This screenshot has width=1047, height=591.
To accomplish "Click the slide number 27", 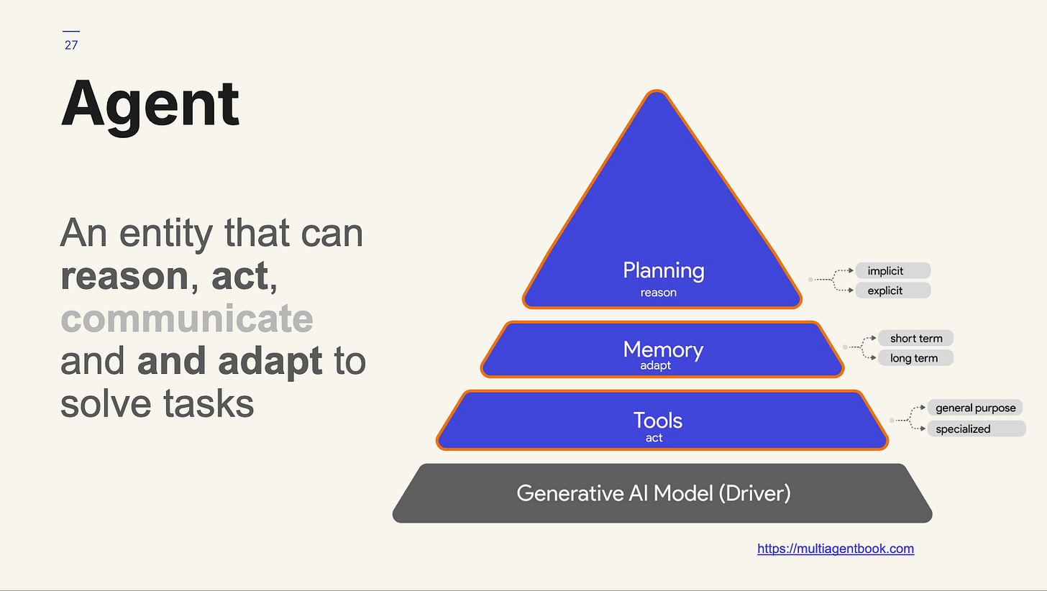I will pyautogui.click(x=70, y=45).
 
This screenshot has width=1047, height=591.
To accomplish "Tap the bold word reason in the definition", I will pyautogui.click(x=124, y=277).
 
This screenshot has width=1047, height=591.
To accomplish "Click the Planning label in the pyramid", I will pyautogui.click(x=663, y=271).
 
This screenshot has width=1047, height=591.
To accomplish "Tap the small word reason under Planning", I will pyautogui.click(x=659, y=293).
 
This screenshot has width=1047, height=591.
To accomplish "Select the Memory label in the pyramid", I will pyautogui.click(x=663, y=349).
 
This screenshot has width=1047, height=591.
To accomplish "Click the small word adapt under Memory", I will pyautogui.click(x=655, y=365).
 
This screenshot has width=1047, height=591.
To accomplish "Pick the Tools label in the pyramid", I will pyautogui.click(x=657, y=420).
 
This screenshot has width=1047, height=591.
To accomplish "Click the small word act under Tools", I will pyautogui.click(x=654, y=438).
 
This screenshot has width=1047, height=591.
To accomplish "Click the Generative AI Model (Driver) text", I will pyautogui.click(x=653, y=493).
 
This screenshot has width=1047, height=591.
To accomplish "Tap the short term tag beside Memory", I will pyautogui.click(x=915, y=338).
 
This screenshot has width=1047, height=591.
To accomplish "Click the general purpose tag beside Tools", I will pyautogui.click(x=975, y=408).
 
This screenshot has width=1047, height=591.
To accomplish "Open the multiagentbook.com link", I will pyautogui.click(x=836, y=549).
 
